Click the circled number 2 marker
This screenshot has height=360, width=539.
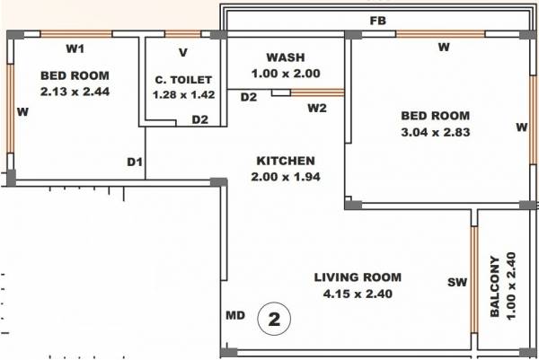[273, 318]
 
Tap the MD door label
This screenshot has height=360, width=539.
[235, 317]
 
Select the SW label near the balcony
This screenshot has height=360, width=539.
[456, 283]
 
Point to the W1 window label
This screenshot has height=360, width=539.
[75, 48]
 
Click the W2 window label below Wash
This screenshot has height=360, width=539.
[317, 110]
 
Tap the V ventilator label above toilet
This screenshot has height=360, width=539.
[182, 53]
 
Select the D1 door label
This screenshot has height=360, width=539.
[134, 162]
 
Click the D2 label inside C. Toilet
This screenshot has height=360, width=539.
[199, 119]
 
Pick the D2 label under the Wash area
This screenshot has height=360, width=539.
[249, 96]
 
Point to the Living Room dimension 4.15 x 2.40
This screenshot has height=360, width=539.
[358, 294]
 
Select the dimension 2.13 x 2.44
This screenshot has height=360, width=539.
[75, 91]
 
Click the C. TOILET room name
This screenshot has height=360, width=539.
[182, 80]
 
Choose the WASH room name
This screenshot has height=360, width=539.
[286, 57]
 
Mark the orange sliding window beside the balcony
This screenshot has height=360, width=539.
[473, 279]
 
